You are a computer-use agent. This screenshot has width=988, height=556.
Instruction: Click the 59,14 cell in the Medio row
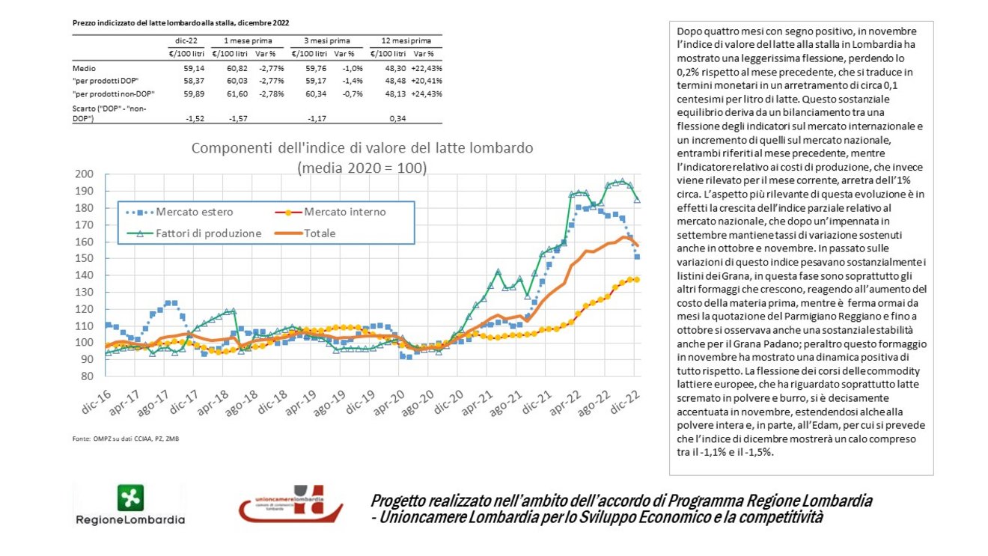point(194,68)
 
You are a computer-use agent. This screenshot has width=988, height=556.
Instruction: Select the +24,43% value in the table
point(427,94)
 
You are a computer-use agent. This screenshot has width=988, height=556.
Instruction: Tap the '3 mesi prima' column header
point(327,40)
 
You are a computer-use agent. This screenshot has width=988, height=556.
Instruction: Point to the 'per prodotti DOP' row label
point(106,81)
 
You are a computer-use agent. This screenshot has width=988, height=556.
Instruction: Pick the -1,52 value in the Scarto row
point(195,118)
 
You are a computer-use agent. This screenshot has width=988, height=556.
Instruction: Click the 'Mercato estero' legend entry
point(179,212)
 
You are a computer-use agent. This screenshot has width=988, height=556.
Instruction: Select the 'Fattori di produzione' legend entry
point(194,233)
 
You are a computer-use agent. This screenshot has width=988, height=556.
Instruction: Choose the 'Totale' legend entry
point(305,233)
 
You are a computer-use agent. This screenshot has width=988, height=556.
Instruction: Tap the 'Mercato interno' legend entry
point(330,212)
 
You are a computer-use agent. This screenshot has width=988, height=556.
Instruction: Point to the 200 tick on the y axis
point(84,174)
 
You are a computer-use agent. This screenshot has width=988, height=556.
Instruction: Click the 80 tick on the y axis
point(87,376)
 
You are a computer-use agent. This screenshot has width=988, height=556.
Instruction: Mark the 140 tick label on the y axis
point(84,275)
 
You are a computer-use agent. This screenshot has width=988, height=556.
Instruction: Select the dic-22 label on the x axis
point(624,402)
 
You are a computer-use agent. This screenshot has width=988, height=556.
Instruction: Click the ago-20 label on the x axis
point(418,403)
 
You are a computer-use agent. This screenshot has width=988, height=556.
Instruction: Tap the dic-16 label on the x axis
point(96,402)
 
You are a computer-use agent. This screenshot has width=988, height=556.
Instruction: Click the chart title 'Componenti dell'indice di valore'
point(362,147)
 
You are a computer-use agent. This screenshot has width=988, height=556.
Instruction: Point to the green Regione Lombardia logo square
point(130,498)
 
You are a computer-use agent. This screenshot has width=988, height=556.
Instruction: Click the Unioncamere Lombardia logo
point(290,504)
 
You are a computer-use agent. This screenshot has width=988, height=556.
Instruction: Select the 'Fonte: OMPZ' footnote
point(126,439)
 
